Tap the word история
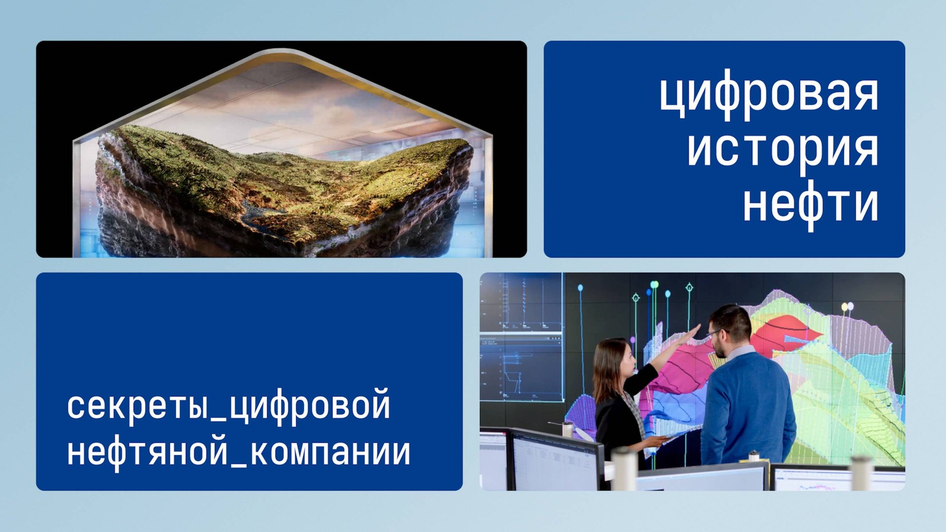(782, 149)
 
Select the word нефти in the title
(811, 204)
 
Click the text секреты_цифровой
(229, 406)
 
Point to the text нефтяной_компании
(238, 452)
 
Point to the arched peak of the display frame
(282, 54)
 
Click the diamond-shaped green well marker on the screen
(689, 287)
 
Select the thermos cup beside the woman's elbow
(568, 429)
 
